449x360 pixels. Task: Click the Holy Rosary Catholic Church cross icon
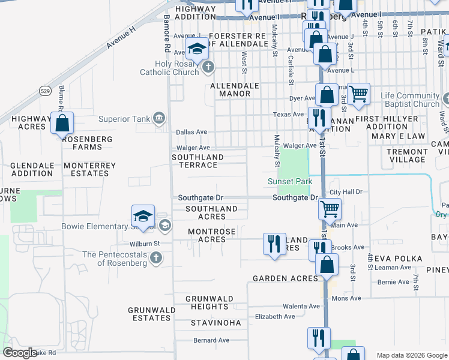coord(208,67)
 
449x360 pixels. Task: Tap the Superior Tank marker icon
coord(159,118)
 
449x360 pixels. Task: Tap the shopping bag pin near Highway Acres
coord(62,124)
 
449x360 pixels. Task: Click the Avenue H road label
coord(121,35)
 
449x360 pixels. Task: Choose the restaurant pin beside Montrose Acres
coord(274,244)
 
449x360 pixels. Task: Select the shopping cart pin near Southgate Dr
coord(330,209)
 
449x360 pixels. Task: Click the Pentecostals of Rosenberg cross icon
coord(155,258)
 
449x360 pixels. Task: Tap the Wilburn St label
coord(145,244)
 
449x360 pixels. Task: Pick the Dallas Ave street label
coord(191,132)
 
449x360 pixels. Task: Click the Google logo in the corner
coord(20,353)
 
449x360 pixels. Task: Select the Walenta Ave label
coord(301,306)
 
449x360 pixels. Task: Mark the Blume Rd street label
coord(62,99)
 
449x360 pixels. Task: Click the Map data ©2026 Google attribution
coord(411,355)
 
